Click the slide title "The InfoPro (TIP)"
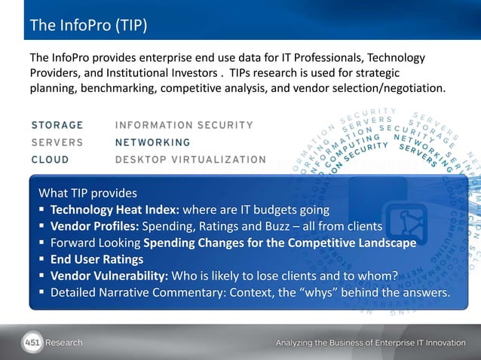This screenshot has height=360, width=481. click(x=87, y=27)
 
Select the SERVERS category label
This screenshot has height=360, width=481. click(x=57, y=142)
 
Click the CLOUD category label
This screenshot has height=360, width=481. click(x=51, y=160)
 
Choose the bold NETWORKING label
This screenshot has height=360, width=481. click(x=152, y=142)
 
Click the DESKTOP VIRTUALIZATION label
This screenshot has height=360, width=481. click(x=190, y=160)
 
